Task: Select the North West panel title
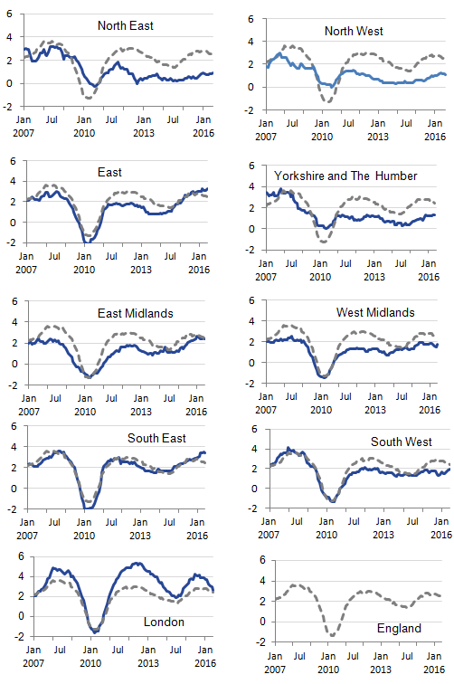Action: pos(354,31)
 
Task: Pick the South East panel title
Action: pos(156,438)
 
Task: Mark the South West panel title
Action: pos(402,442)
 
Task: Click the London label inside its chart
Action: pos(165,622)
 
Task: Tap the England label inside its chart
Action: pos(398,628)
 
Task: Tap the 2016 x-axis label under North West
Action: pos(435,137)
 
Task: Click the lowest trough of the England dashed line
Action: pos(332,636)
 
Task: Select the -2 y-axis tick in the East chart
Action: pos(12,242)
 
